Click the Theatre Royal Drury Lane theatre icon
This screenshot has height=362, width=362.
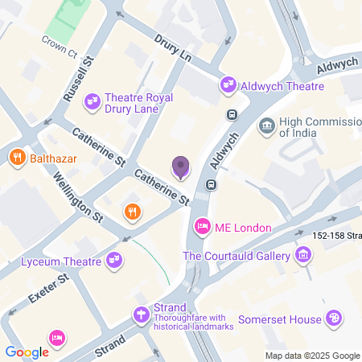point(93,100)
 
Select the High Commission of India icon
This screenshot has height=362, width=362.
point(266,126)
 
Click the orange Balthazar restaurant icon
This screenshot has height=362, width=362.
point(16,158)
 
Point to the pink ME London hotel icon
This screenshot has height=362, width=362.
point(203,228)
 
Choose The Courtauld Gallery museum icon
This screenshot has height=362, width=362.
point(303,256)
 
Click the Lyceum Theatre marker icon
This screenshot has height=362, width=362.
point(114,260)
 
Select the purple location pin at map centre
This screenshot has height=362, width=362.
point(181,167)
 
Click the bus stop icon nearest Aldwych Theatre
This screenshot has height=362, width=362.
point(232,115)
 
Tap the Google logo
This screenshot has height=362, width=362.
point(27,352)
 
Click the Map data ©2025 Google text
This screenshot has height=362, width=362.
point(313,356)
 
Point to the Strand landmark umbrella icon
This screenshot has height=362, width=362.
point(142,315)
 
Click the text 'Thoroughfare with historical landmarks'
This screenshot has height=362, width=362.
point(194,322)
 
